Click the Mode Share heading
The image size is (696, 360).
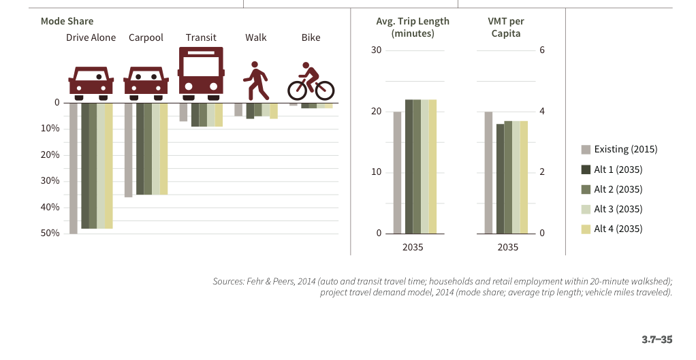[67, 21]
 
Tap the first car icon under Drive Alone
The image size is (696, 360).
[91, 81]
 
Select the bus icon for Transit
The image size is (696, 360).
[201, 70]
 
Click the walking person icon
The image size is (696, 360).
[256, 81]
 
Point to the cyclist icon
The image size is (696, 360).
[311, 82]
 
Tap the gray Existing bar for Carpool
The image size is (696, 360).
[128, 150]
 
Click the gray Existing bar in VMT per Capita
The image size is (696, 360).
[488, 173]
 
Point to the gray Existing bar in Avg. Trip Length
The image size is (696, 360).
[397, 173]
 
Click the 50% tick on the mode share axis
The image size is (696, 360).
[50, 233]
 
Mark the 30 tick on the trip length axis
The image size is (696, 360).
[375, 51]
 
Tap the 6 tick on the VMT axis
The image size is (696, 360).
[543, 51]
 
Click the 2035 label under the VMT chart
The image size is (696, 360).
[507, 247]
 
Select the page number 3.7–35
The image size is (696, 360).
[657, 338]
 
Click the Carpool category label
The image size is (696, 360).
[146, 37]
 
